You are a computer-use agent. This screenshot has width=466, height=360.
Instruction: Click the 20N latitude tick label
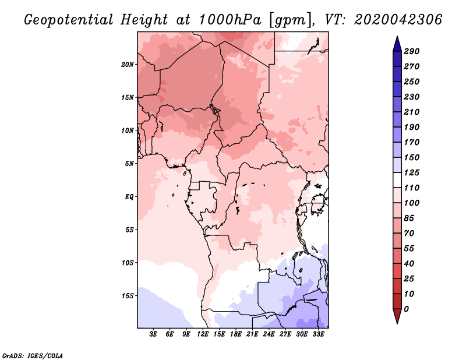coord(128,64)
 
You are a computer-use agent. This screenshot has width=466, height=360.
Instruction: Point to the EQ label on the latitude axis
coord(129,196)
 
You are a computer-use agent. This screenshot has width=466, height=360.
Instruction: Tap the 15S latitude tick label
coord(128,296)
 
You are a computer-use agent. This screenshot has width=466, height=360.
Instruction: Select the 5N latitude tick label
coord(129,164)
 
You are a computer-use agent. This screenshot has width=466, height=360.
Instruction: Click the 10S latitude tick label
coord(128,263)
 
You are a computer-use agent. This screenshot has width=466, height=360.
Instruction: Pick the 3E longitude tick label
coord(153,335)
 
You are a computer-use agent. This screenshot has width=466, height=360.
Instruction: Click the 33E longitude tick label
coord(318,335)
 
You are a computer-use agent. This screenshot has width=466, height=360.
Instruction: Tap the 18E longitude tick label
coord(235,335)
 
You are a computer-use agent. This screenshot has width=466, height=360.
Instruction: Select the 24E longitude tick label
coord(269,335)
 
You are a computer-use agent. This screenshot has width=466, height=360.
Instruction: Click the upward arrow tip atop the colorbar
coord(396,38)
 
